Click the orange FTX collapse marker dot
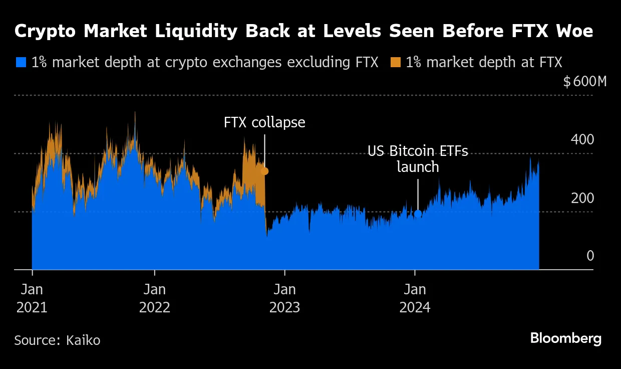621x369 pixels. [x=264, y=171]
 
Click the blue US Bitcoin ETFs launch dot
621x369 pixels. [x=418, y=214]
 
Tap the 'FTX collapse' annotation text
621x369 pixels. [x=264, y=122]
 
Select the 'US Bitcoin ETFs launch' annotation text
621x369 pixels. [x=418, y=158]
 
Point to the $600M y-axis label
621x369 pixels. [x=584, y=81]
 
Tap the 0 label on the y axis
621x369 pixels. [x=590, y=256]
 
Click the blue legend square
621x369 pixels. [x=21, y=63]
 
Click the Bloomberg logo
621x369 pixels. [x=565, y=338]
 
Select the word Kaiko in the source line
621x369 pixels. [x=83, y=340]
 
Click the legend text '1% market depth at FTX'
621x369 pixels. [x=484, y=63]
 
